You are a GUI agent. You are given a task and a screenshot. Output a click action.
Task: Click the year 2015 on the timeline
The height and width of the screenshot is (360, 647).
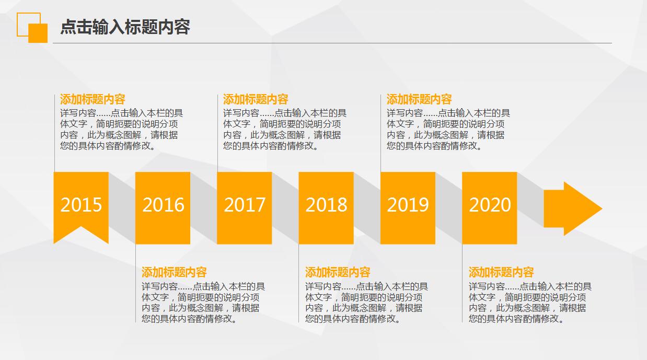point(81,204)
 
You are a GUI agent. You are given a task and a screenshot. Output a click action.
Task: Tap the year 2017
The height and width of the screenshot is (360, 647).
point(245,204)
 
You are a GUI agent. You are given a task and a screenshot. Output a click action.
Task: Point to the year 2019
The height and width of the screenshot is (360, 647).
point(408,204)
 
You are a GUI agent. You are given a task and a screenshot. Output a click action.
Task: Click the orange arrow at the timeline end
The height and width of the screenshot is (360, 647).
point(573,208)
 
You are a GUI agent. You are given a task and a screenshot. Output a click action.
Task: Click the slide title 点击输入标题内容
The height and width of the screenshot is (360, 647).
point(125,27)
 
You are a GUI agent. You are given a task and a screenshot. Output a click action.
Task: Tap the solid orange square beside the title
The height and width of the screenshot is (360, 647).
point(38,33)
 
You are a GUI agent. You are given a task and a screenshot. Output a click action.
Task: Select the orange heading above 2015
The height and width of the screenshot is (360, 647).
point(93,99)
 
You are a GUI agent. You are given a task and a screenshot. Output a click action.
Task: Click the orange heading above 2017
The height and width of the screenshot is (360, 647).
point(256,99)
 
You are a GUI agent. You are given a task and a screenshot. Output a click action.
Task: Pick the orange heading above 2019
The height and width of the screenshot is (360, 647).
point(419,99)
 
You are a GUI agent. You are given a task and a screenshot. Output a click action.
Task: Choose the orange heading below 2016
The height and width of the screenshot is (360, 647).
point(174,272)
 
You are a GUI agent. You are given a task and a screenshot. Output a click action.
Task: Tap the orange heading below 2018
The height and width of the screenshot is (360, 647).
point(338,272)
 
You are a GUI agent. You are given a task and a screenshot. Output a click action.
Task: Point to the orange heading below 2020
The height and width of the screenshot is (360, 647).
point(501,272)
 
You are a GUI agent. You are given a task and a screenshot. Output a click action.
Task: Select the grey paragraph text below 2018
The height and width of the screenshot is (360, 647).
point(366,303)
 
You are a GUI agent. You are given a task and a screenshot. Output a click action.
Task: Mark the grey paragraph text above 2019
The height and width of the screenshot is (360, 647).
point(447,130)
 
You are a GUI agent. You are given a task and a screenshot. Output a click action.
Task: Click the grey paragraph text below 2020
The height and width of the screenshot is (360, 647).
point(529,303)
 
